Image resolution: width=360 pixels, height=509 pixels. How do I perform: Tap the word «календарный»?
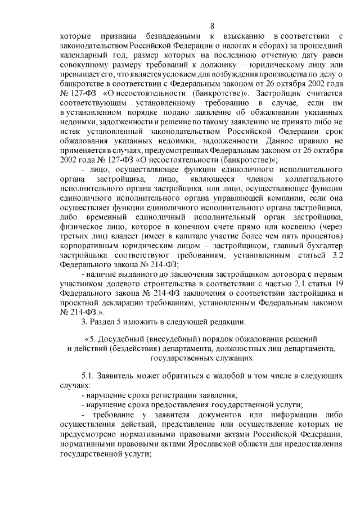pyautogui.click(x=84, y=57)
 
